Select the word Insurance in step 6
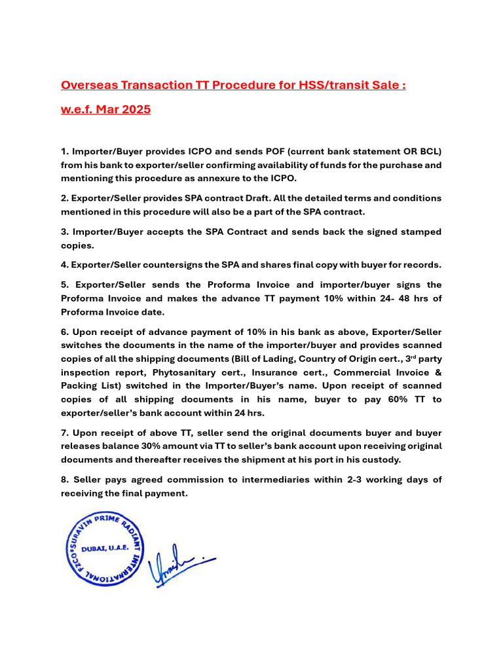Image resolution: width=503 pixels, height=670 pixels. (x=267, y=372)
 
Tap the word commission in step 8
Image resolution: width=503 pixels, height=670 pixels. (x=179, y=480)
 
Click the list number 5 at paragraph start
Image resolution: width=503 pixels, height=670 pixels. (x=64, y=285)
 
